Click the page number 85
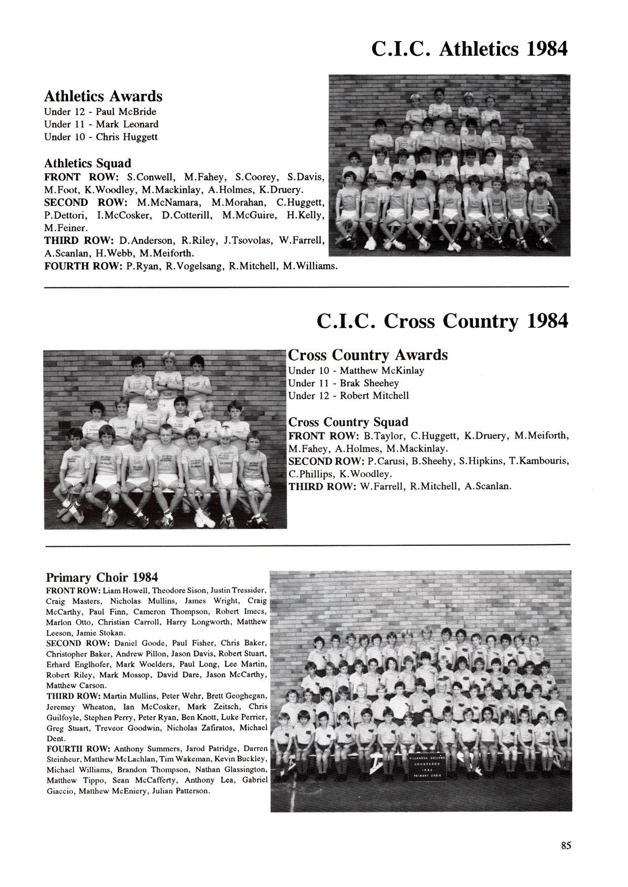point(566,845)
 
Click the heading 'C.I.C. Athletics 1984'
point(469,49)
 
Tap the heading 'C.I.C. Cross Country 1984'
point(442,321)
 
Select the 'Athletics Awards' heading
point(103,96)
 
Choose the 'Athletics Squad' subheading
point(88,163)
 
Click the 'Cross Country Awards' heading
point(368,354)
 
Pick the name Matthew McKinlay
point(382,371)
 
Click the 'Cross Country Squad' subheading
point(348,422)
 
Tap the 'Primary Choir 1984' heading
point(102,577)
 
